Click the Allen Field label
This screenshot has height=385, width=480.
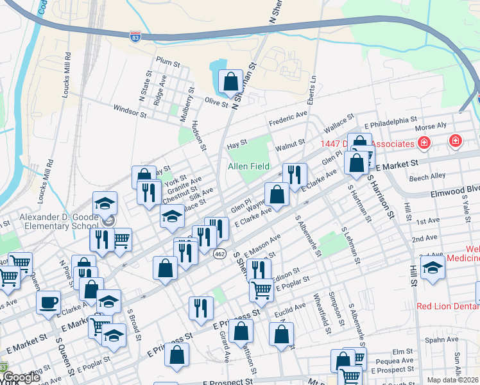pos(248,166)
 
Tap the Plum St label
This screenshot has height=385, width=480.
pos(166,62)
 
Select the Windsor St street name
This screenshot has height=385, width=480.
pos(129,112)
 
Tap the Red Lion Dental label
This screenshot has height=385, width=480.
pos(448,306)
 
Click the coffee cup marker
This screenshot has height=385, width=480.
pos(49,303)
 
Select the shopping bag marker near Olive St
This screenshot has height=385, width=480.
pos(230,82)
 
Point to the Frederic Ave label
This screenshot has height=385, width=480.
pos(288,118)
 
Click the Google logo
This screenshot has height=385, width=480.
pos(21,378)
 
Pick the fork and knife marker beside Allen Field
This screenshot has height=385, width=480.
pos(295,174)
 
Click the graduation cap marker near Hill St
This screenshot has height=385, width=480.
pos(433,269)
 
